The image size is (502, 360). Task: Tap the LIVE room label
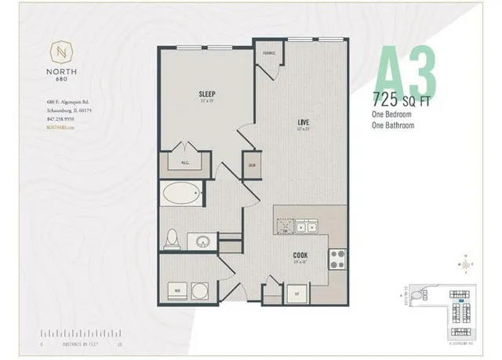(x=301, y=122)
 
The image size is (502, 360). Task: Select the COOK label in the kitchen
(x=300, y=254)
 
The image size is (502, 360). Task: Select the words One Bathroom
(x=395, y=125)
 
